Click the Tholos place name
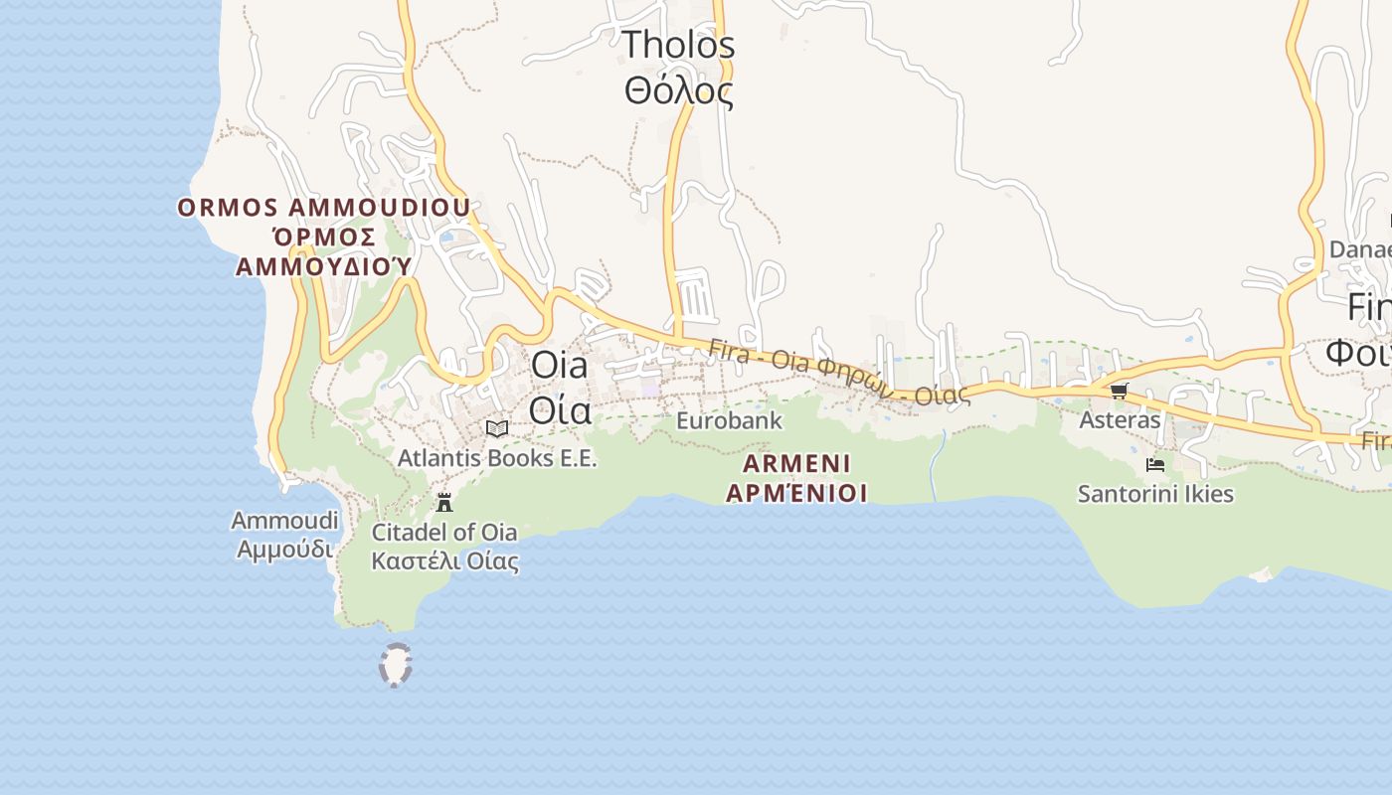[678, 45]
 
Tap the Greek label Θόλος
[678, 91]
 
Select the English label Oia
[559, 365]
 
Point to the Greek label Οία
[559, 408]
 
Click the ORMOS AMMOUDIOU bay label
[323, 208]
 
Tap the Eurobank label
[729, 420]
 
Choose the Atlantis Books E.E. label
[497, 458]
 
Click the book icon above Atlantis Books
[497, 428]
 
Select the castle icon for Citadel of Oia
[444, 501]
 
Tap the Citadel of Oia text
[444, 532]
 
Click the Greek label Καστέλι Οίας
[444, 560]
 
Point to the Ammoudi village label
[285, 521]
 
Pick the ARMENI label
[796, 463]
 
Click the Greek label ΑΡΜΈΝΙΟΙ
[796, 493]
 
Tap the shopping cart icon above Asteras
[1119, 391]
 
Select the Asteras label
[1120, 420]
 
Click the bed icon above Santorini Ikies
[1155, 464]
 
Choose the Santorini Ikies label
[1155, 494]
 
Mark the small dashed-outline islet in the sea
[396, 665]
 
